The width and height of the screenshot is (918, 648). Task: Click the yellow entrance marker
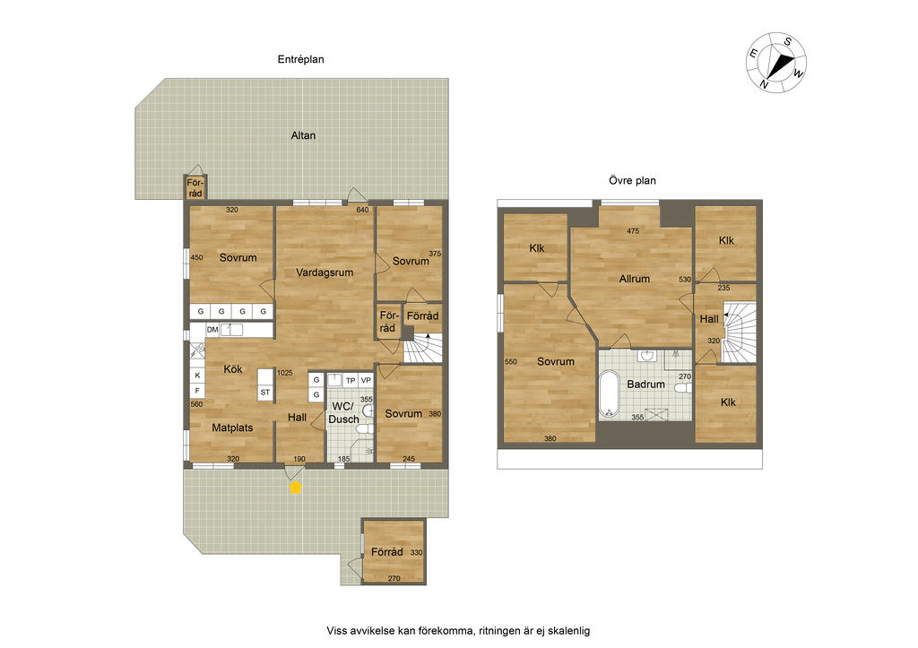[x=296, y=487]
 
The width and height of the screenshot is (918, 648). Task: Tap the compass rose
[x=776, y=62]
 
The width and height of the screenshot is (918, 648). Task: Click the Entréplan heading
[x=301, y=59]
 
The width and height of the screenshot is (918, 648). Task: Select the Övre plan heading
[x=632, y=180]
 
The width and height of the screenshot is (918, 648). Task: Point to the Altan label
[x=303, y=135]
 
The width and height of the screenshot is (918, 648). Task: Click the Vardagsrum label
[x=325, y=272]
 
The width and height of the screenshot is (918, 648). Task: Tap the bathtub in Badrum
[x=609, y=393]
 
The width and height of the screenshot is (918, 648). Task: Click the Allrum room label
[x=635, y=279]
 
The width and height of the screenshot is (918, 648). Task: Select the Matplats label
[x=232, y=428]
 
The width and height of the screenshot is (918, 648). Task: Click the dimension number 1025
[x=285, y=372]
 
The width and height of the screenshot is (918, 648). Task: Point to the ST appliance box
[x=265, y=393]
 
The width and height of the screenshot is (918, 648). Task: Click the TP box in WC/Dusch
[x=351, y=381]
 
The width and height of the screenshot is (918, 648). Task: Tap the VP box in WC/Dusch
[x=366, y=381]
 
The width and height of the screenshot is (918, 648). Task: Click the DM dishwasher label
[x=212, y=330]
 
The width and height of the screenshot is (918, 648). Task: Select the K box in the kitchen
[x=198, y=376]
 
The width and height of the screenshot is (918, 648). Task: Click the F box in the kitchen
[x=198, y=391]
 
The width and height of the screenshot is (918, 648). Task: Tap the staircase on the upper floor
[x=739, y=332]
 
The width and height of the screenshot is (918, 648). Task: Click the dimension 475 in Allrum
[x=633, y=231]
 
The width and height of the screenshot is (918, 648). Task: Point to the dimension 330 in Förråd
[x=416, y=553]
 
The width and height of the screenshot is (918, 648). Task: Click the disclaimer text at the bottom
[x=458, y=631]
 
